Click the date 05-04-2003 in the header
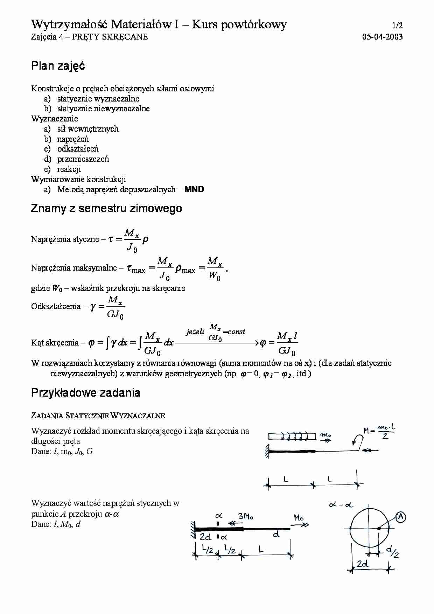point(382,37)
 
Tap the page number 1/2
point(397,26)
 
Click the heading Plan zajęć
point(58,66)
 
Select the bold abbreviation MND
point(194,189)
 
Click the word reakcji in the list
point(69,169)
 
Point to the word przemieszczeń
point(83,159)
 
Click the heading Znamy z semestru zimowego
point(106,208)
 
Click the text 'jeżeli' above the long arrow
point(195,331)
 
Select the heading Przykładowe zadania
point(86,393)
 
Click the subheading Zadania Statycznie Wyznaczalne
point(98,416)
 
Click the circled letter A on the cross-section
point(400,517)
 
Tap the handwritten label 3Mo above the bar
point(246,516)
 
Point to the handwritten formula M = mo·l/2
point(379,432)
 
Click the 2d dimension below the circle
point(362,564)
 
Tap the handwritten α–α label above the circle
point(341,505)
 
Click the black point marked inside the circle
point(379,529)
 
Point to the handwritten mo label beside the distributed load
point(325,435)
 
